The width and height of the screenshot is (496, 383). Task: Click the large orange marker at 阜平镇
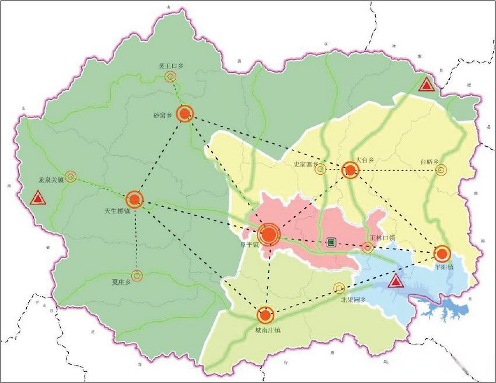click(269, 235)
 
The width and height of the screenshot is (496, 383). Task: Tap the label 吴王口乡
click(171, 66)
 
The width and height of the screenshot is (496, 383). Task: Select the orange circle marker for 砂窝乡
click(185, 114)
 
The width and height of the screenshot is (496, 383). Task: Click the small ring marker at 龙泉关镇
click(70, 177)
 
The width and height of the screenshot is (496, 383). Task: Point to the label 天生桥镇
click(117, 211)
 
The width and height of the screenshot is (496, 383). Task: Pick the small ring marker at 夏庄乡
click(137, 276)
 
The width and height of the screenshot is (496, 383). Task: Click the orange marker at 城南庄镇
click(265, 315)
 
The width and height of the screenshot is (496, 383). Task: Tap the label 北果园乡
click(353, 300)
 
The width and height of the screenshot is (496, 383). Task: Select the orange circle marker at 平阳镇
click(442, 254)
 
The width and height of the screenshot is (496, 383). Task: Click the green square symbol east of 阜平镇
click(331, 242)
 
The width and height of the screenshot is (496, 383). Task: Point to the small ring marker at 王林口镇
click(368, 247)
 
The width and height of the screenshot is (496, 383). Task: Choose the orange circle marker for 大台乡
click(350, 170)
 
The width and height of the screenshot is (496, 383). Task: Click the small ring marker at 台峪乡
click(441, 170)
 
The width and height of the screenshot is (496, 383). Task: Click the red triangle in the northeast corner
click(427, 85)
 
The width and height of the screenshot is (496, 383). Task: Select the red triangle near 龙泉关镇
click(38, 198)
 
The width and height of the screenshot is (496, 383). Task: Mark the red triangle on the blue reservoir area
click(396, 281)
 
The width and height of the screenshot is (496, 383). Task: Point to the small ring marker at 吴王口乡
click(170, 77)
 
